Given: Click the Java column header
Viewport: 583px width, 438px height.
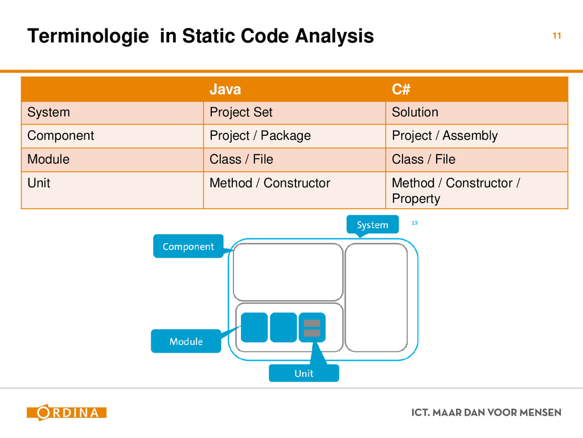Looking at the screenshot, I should point(225,90).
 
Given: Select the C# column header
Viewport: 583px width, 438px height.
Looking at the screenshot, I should point(401,90).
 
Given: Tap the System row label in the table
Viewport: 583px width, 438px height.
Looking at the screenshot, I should point(49,112).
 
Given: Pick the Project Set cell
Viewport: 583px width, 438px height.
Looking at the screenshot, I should point(241,112).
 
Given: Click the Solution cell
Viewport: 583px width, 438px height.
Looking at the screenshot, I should point(415,112).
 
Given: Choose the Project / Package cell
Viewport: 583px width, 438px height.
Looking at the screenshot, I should point(260,136).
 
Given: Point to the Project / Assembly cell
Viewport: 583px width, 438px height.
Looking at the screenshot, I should point(445,136).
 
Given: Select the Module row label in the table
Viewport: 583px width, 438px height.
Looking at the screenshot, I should point(48,160).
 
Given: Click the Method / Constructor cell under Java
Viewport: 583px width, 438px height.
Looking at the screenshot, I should point(270,183).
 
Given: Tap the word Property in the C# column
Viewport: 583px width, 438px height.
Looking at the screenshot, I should point(416,199).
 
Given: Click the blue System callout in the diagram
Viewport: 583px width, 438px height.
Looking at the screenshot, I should point(372,225).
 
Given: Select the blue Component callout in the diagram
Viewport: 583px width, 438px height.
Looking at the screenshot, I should point(188,246).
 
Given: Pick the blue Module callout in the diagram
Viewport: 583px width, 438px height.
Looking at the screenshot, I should point(186,341).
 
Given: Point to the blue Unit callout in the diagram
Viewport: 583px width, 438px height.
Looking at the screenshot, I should point(303,373).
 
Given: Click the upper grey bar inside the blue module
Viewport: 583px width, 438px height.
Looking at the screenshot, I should point(312,323).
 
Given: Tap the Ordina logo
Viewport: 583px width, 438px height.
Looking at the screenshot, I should point(67,412).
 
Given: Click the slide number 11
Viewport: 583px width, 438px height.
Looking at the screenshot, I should point(557,36).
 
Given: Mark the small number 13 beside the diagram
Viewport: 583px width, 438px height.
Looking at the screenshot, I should point(414,222).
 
